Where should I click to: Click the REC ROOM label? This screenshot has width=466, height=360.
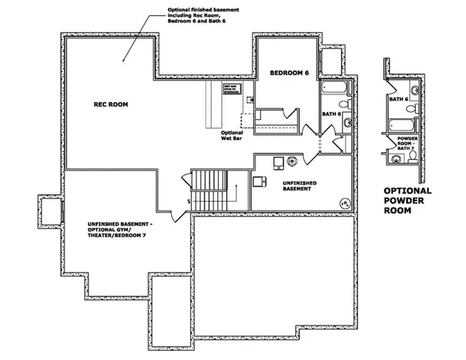110,105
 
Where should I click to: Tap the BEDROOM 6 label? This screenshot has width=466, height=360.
289,72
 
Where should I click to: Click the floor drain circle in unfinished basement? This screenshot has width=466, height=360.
345,202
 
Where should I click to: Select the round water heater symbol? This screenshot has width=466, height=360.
291,160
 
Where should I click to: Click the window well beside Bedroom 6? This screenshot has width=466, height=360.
330,60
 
